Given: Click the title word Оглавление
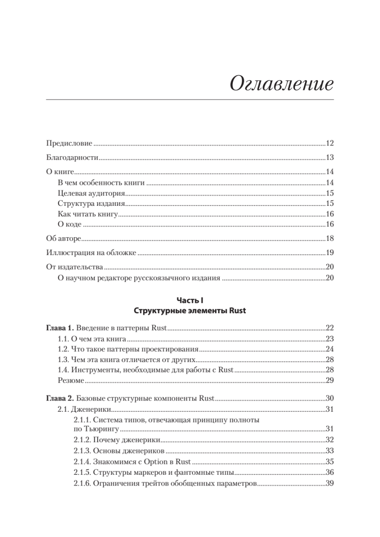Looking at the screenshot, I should [x=282, y=84].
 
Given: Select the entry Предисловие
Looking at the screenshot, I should [x=69, y=144].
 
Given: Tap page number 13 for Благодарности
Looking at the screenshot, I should [x=330, y=158].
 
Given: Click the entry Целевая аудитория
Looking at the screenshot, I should [x=91, y=193].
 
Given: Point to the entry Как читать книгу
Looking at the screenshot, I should [x=88, y=214].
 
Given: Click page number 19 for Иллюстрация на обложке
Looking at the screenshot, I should [x=330, y=253].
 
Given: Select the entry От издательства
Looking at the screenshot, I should [x=75, y=267].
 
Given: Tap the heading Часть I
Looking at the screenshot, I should [x=190, y=301].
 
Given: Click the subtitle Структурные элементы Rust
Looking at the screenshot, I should [x=190, y=311].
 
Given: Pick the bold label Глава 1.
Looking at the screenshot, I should [x=58, y=328].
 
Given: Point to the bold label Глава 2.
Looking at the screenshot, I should [x=58, y=398].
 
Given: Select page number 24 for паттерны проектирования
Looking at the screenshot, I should [x=330, y=349].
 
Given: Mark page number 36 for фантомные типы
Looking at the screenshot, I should [x=330, y=473].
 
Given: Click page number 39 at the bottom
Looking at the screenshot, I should [x=330, y=483].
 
